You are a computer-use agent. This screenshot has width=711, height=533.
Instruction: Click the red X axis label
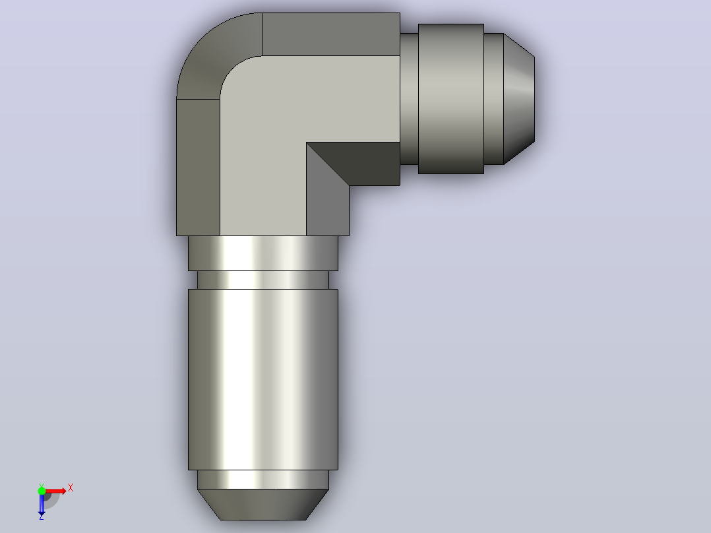click(71, 488)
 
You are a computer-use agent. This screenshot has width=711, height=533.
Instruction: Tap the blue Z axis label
click(42, 517)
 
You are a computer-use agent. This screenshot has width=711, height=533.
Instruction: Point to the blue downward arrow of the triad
click(42, 503)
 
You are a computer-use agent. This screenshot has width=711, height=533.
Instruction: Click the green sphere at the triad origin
click(42, 490)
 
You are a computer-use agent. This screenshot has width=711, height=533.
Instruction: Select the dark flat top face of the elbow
click(331, 34)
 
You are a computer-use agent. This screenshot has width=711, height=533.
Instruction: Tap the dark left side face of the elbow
click(198, 167)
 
